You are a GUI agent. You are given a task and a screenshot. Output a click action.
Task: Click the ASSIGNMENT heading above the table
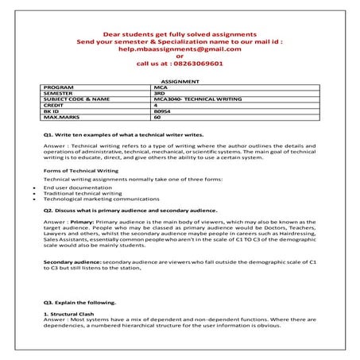(x=180, y=81)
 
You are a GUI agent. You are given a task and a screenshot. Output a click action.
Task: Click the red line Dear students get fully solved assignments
(x=180, y=34)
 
